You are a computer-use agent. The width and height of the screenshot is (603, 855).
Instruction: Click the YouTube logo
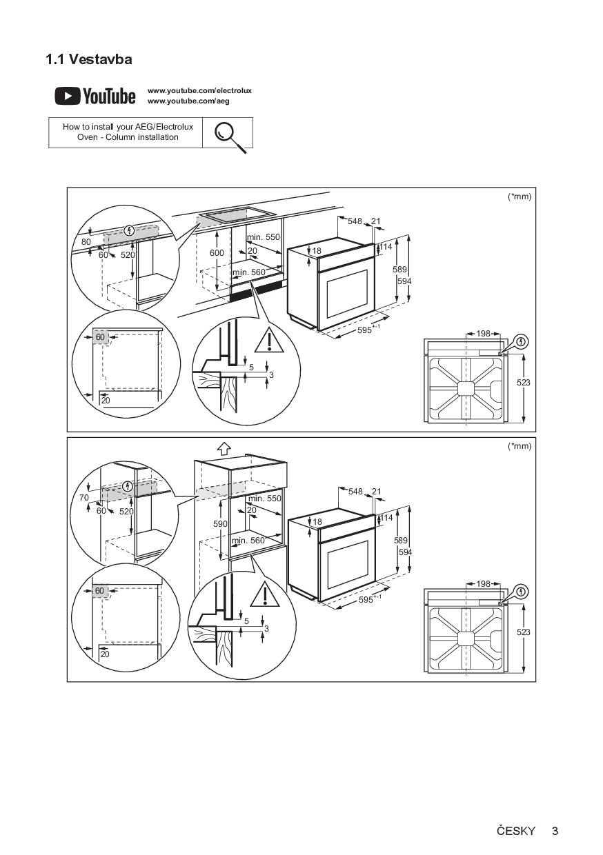click(95, 96)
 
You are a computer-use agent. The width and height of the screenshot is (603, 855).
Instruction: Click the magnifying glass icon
click(230, 137)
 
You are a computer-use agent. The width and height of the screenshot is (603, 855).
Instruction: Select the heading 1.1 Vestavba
click(89, 59)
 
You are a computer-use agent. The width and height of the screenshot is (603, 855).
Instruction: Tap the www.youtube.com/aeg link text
click(188, 101)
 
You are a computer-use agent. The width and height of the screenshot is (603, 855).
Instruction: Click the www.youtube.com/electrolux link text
click(199, 91)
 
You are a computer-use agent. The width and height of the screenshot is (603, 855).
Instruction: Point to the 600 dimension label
click(217, 252)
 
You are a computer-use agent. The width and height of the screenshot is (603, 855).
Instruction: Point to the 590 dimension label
click(220, 524)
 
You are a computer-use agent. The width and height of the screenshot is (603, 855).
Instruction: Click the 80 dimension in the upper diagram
click(86, 241)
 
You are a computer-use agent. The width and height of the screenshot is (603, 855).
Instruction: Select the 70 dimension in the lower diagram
click(84, 498)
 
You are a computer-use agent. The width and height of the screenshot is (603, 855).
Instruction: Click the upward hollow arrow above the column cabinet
click(224, 448)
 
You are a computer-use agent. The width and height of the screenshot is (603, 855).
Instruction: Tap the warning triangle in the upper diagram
click(269, 340)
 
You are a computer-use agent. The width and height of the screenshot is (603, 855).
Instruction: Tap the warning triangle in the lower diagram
click(265, 594)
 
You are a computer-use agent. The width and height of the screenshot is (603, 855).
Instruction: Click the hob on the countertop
click(237, 215)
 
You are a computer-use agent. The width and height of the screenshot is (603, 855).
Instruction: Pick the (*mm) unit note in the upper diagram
click(520, 197)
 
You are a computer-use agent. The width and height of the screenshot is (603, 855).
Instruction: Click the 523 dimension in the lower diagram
click(523, 632)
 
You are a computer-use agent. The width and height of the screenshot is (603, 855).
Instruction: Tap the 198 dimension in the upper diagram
click(483, 334)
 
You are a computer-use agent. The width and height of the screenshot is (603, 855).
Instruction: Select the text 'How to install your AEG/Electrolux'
click(128, 127)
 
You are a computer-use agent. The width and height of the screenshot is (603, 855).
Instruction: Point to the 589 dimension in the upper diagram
click(400, 270)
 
